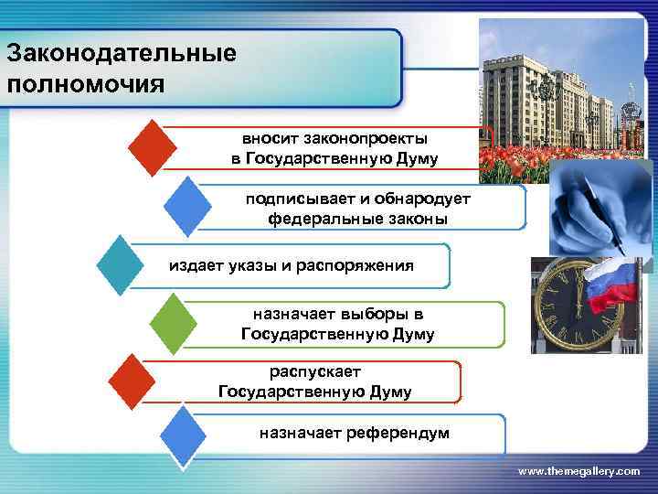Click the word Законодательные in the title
tap(121, 52)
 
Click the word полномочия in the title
tap(86, 84)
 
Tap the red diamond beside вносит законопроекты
tap(152, 146)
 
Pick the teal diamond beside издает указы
tap(119, 265)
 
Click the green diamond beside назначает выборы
tap(173, 324)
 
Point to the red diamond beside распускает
tap(131, 382)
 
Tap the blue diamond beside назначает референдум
tap(182, 436)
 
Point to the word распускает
tap(315, 372)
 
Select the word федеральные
tap(315, 220)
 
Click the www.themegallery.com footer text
tap(578, 470)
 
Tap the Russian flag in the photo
tap(611, 285)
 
